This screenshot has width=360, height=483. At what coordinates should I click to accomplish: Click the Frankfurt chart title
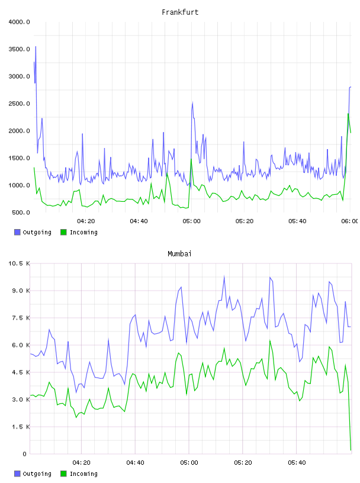pos(180,12)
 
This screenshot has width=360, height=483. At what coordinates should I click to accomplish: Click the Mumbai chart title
pos(179,254)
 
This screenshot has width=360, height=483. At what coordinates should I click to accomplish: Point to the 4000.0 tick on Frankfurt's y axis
pos(19,22)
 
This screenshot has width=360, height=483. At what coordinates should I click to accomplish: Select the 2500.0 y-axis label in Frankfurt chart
pos(19,104)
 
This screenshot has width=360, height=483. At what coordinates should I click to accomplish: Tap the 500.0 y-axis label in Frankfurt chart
pos(21,212)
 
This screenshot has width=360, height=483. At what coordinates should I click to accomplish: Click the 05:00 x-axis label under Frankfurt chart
pos(191,221)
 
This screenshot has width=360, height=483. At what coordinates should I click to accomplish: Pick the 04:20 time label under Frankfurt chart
pos(86,221)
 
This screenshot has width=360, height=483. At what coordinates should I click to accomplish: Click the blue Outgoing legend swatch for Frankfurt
pos(17,232)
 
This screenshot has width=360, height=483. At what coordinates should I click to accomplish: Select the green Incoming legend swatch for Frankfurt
pos(63,232)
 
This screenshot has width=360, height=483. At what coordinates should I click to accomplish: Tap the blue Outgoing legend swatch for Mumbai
pos(17,474)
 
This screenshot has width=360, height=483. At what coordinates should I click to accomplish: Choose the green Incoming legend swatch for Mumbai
pos(63,474)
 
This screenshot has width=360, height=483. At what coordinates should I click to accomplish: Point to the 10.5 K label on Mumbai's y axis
pos(19,263)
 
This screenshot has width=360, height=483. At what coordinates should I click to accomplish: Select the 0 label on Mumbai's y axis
pos(25,454)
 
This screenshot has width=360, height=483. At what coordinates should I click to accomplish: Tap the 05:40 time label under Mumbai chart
pos(297,463)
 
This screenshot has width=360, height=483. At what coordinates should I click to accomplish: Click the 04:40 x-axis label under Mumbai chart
pos(136,463)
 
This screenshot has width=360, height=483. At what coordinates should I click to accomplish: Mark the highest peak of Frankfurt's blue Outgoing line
pos(36,47)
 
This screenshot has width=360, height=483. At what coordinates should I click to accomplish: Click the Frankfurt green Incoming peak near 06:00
pos(348,114)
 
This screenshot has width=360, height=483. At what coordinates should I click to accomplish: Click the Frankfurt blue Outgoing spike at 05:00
pos(192,102)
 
